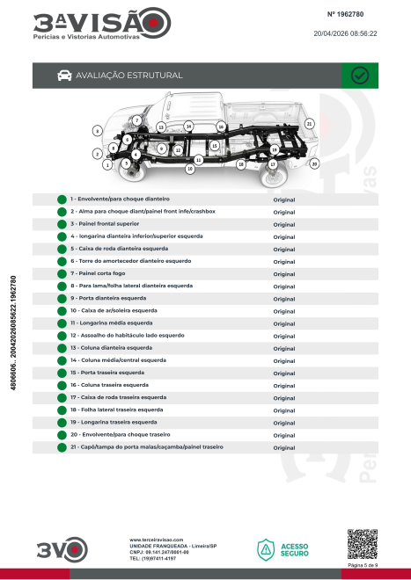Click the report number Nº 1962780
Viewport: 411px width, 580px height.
345,14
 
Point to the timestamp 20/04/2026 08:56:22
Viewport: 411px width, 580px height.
345,33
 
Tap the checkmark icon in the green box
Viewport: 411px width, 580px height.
359,76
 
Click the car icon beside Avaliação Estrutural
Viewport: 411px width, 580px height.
64,76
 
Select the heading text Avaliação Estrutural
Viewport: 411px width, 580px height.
129,76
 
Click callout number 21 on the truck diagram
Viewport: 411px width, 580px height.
310,124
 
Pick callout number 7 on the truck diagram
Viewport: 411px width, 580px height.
136,120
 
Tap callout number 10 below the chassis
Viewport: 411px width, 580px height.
190,169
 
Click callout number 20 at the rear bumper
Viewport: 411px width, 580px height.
314,163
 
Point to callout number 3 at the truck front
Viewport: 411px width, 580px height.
97,131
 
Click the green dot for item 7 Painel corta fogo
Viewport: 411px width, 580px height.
62,273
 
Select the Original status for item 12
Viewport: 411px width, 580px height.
284,337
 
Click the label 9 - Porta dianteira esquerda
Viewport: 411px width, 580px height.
108,298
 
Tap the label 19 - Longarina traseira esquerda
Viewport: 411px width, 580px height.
114,422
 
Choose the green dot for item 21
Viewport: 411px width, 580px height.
62,447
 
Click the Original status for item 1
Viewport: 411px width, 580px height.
284,199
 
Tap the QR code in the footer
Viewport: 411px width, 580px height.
363,544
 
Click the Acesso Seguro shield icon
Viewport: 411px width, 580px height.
266,550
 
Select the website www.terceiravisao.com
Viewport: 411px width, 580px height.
157,540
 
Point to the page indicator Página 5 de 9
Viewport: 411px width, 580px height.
363,565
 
